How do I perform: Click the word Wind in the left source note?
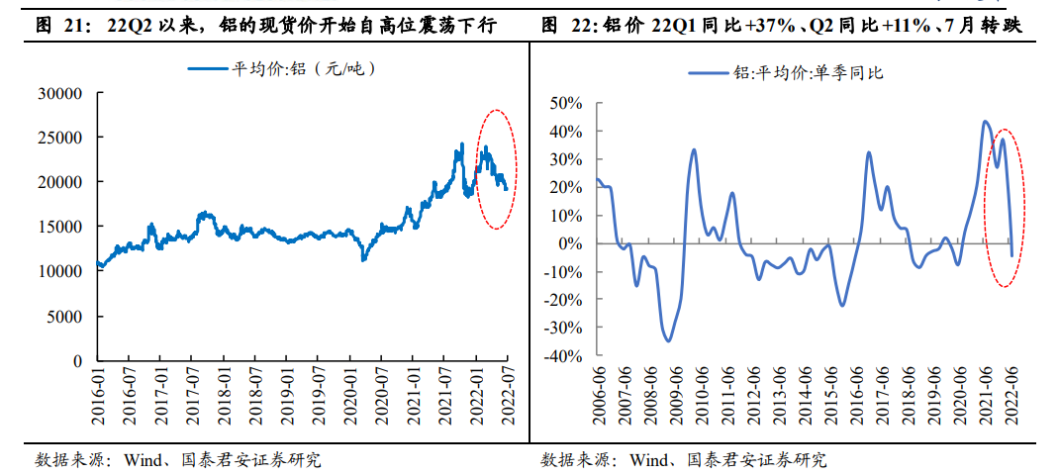click(x=141, y=460)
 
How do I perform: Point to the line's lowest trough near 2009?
click(x=669, y=340)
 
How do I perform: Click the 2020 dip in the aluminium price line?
click(x=364, y=259)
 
